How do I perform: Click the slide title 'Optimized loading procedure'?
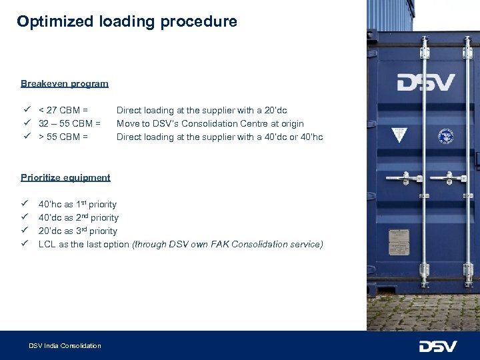pos(127,21)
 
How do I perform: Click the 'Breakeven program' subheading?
pos(64,83)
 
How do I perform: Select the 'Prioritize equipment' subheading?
pos(65,177)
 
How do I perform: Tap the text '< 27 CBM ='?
pos(63,110)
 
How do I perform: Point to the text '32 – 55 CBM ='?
pos(69,123)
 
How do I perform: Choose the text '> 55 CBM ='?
pos(63,137)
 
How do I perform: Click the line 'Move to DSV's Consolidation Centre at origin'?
pos(210,123)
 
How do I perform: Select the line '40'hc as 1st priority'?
pos(77,204)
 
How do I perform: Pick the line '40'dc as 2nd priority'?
pos(78,217)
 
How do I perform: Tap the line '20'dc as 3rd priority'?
pos(77,231)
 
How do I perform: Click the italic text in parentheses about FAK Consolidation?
pos(227,244)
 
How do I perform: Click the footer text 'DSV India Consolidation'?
pos(65,345)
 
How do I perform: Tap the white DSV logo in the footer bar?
pos(437,346)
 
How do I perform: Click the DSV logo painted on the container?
pos(426,83)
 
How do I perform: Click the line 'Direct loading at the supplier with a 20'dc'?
pos(201,110)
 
